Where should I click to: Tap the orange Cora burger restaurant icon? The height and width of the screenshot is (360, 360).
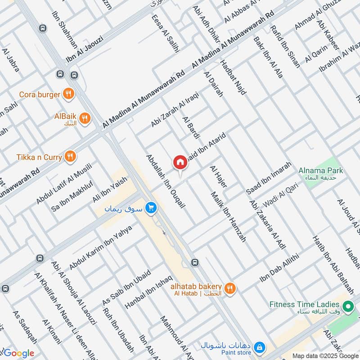pos(69,94)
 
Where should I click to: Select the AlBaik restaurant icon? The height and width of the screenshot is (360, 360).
pos(85,118)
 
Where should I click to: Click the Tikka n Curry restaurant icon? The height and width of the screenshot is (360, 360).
pos(70,157)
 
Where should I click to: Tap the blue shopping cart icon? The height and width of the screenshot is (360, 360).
pos(151,208)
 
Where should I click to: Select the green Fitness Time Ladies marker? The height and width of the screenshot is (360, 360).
pos(347,307)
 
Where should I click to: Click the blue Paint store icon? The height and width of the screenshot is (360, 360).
pos(259,347)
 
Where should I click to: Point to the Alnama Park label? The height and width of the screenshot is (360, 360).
pos(321,171)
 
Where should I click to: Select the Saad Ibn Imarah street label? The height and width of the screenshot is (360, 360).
pos(269,179)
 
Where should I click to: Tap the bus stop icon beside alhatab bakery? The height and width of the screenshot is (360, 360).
pos(194,262)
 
